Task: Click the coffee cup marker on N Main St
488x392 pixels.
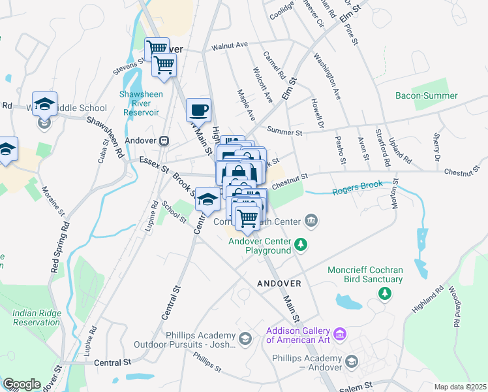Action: click(198, 108)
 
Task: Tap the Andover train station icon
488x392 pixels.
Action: click(164, 140)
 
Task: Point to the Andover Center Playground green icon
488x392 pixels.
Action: click(300, 244)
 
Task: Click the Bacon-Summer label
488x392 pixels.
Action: click(427, 95)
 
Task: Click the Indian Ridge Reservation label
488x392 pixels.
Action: click(37, 318)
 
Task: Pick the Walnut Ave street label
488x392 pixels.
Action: click(230, 46)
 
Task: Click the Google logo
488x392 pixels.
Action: click(22, 384)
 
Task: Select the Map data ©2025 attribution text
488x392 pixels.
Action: click(460, 387)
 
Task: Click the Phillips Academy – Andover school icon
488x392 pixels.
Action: click(352, 361)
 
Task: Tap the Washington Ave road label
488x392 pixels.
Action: click(328, 76)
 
